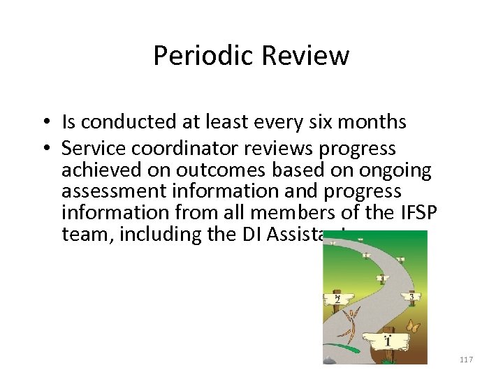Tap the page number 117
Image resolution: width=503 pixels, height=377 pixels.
[x=467, y=360]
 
